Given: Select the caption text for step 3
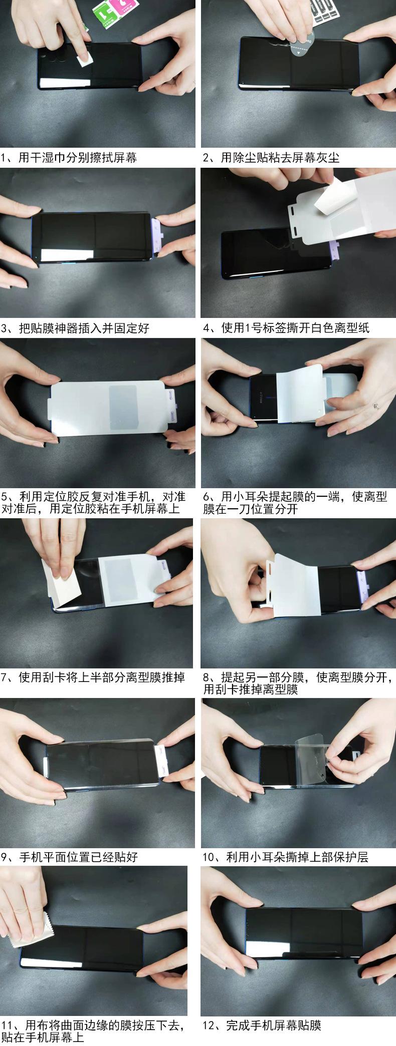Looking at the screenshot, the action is click(x=75, y=328).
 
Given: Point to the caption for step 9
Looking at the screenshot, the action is click(x=70, y=857).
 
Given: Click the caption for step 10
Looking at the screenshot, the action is click(x=286, y=857).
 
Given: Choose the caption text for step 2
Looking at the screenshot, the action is click(x=271, y=158).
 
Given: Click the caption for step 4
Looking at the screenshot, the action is click(x=286, y=328).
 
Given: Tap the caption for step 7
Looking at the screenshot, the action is click(x=93, y=677).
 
